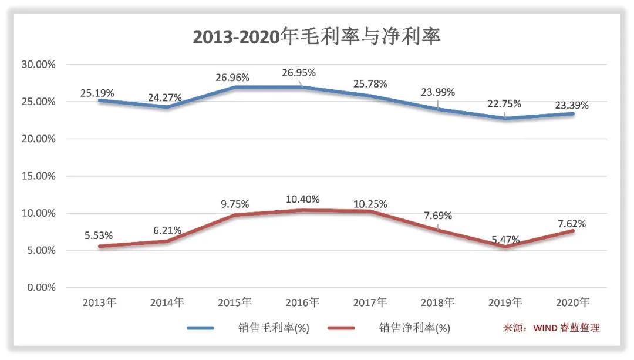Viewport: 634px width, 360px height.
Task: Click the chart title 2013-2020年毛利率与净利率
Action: coord(317,36)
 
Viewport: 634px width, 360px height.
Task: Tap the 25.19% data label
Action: coord(98,93)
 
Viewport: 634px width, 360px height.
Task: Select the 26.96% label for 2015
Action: coord(233,78)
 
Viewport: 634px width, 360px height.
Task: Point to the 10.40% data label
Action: coord(302,200)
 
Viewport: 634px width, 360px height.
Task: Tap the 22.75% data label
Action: coord(504,104)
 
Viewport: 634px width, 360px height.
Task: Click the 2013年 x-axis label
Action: coord(99,303)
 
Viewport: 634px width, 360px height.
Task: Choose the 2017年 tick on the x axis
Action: coord(370,303)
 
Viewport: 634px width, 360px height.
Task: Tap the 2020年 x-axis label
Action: coord(573,303)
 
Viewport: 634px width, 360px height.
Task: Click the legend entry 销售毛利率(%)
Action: coord(270,328)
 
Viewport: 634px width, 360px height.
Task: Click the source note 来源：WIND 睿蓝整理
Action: coord(551,328)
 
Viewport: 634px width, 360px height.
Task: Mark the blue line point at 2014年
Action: coord(167,107)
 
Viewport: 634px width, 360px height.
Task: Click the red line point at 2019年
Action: coord(505,247)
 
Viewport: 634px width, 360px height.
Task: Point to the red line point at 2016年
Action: coord(302,210)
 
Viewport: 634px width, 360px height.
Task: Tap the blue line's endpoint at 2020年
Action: coord(573,113)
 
